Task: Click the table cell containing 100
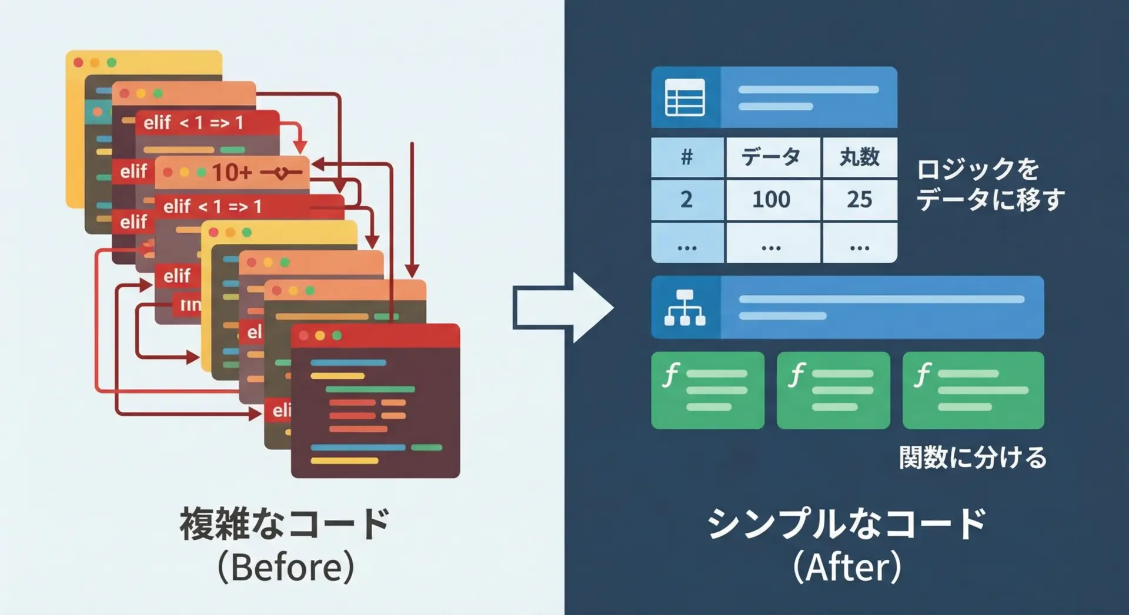pyautogui.click(x=772, y=200)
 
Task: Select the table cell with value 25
pyautogui.click(x=859, y=200)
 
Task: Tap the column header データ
pyautogui.click(x=772, y=157)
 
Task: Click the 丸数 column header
pyautogui.click(x=859, y=157)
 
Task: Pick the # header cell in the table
pyautogui.click(x=687, y=157)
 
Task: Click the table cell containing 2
pyautogui.click(x=687, y=200)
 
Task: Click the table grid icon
pyautogui.click(x=684, y=98)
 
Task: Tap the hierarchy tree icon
pyautogui.click(x=684, y=307)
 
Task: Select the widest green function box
pyautogui.click(x=973, y=390)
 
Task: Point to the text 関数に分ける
pyautogui.click(x=973, y=458)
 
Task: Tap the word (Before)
pyautogui.click(x=286, y=567)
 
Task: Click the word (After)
pyautogui.click(x=847, y=567)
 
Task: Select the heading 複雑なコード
pyautogui.click(x=285, y=523)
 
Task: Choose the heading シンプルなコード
pyautogui.click(x=847, y=523)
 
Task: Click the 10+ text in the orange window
pyautogui.click(x=232, y=173)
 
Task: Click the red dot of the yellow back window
pyautogui.click(x=78, y=62)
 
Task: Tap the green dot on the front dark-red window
pyautogui.click(x=337, y=335)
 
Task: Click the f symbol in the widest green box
pyautogui.click(x=923, y=375)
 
